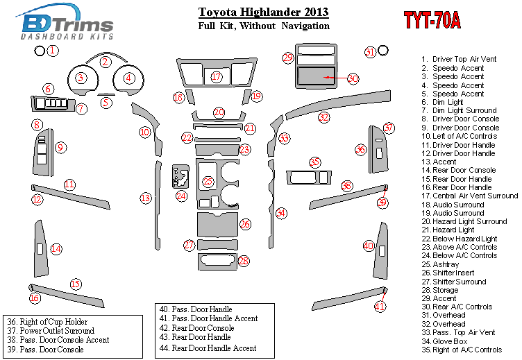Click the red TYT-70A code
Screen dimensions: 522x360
coord(432,20)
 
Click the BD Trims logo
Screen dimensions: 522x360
coord(65,22)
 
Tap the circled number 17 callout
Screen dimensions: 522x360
coord(217,77)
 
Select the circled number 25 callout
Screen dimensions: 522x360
coord(208,181)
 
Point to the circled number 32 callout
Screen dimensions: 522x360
coord(323,117)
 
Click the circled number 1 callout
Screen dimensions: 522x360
coord(52,51)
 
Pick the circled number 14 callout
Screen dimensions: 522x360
coord(56,248)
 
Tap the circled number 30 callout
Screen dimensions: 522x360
coord(353,78)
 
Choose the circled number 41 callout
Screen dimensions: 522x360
coord(380,306)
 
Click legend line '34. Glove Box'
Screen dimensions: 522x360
coord(444,341)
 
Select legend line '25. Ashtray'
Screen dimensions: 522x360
coord(440,264)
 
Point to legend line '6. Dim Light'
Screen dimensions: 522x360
coord(442,102)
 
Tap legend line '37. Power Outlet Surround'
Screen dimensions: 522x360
coord(51,331)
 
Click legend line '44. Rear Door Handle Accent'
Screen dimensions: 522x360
coord(208,348)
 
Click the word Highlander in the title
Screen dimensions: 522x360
coord(270,12)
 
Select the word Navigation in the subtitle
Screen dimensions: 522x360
coord(305,26)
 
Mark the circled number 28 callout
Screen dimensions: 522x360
coord(244,261)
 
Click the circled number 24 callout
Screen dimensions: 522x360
coord(181,196)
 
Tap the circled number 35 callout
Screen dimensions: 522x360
coord(314,162)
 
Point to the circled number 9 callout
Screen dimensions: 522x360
coord(60,147)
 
